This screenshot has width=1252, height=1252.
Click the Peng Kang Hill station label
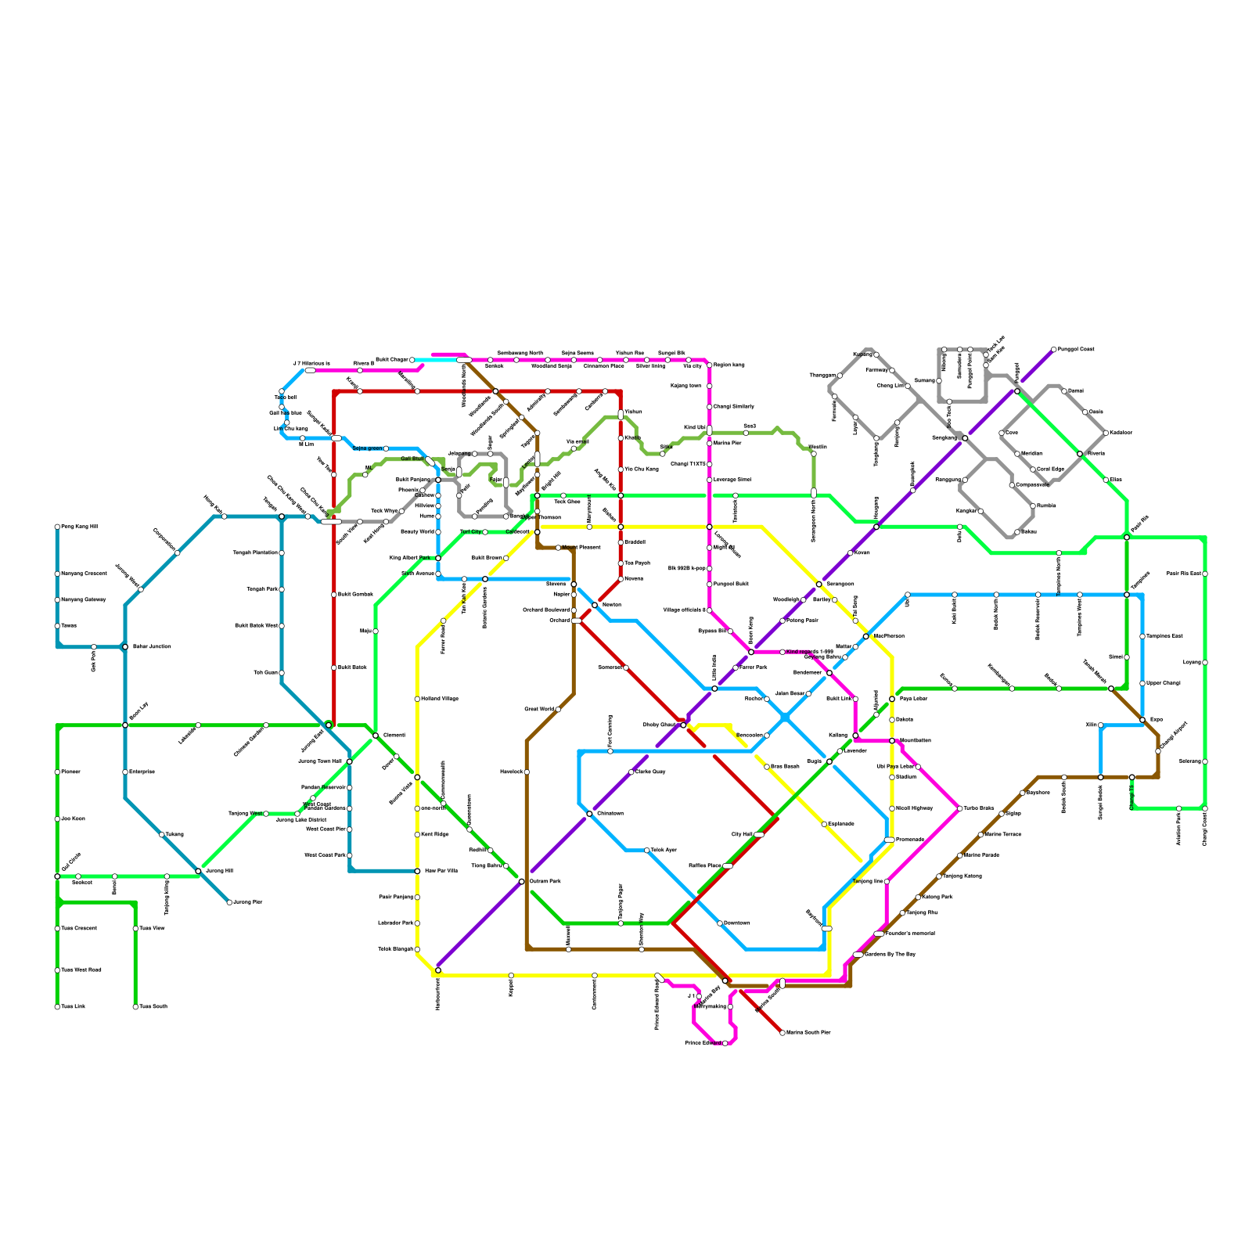pyautogui.click(x=79, y=527)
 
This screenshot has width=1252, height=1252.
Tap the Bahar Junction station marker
pyautogui.click(x=125, y=646)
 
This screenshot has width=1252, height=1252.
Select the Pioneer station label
pyautogui.click(x=70, y=772)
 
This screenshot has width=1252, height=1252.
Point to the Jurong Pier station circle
pyautogui.click(x=229, y=902)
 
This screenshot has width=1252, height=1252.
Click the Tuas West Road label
pyautogui.click(x=81, y=970)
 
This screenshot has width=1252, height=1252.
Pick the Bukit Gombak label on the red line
pyautogui.click(x=355, y=595)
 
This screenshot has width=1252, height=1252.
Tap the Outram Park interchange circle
pyautogui.click(x=522, y=882)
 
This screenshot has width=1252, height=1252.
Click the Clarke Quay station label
pyautogui.click(x=650, y=772)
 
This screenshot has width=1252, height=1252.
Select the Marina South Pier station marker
pyautogui.click(x=782, y=1033)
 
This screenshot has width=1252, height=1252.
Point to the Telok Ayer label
pyautogui.click(x=664, y=850)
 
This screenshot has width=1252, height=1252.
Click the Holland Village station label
pyautogui.click(x=440, y=699)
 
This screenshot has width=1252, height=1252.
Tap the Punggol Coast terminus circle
pyautogui.click(x=1054, y=349)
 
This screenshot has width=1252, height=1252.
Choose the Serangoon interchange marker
pyautogui.click(x=818, y=585)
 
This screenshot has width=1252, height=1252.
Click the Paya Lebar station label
pyautogui.click(x=913, y=699)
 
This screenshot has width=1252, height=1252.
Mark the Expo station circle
pyautogui.click(x=1142, y=720)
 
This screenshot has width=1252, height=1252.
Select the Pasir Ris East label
pyautogui.click(x=1184, y=574)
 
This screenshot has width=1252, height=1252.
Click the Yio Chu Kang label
pyautogui.click(x=642, y=469)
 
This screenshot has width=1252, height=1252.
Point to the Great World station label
pyautogui.click(x=539, y=710)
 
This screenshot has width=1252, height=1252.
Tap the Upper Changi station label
pyautogui.click(x=1164, y=683)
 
